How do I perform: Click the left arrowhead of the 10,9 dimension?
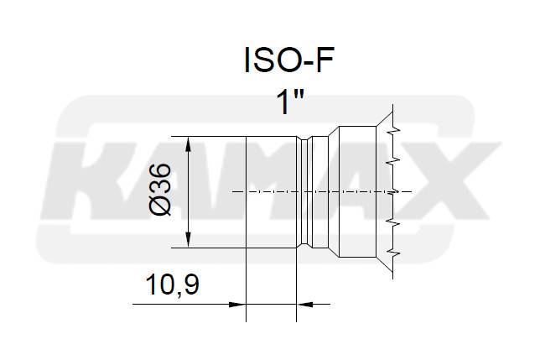(238, 303)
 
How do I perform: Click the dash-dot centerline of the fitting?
(277, 192)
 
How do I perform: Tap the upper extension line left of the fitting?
(205, 137)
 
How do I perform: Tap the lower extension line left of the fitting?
(205, 248)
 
